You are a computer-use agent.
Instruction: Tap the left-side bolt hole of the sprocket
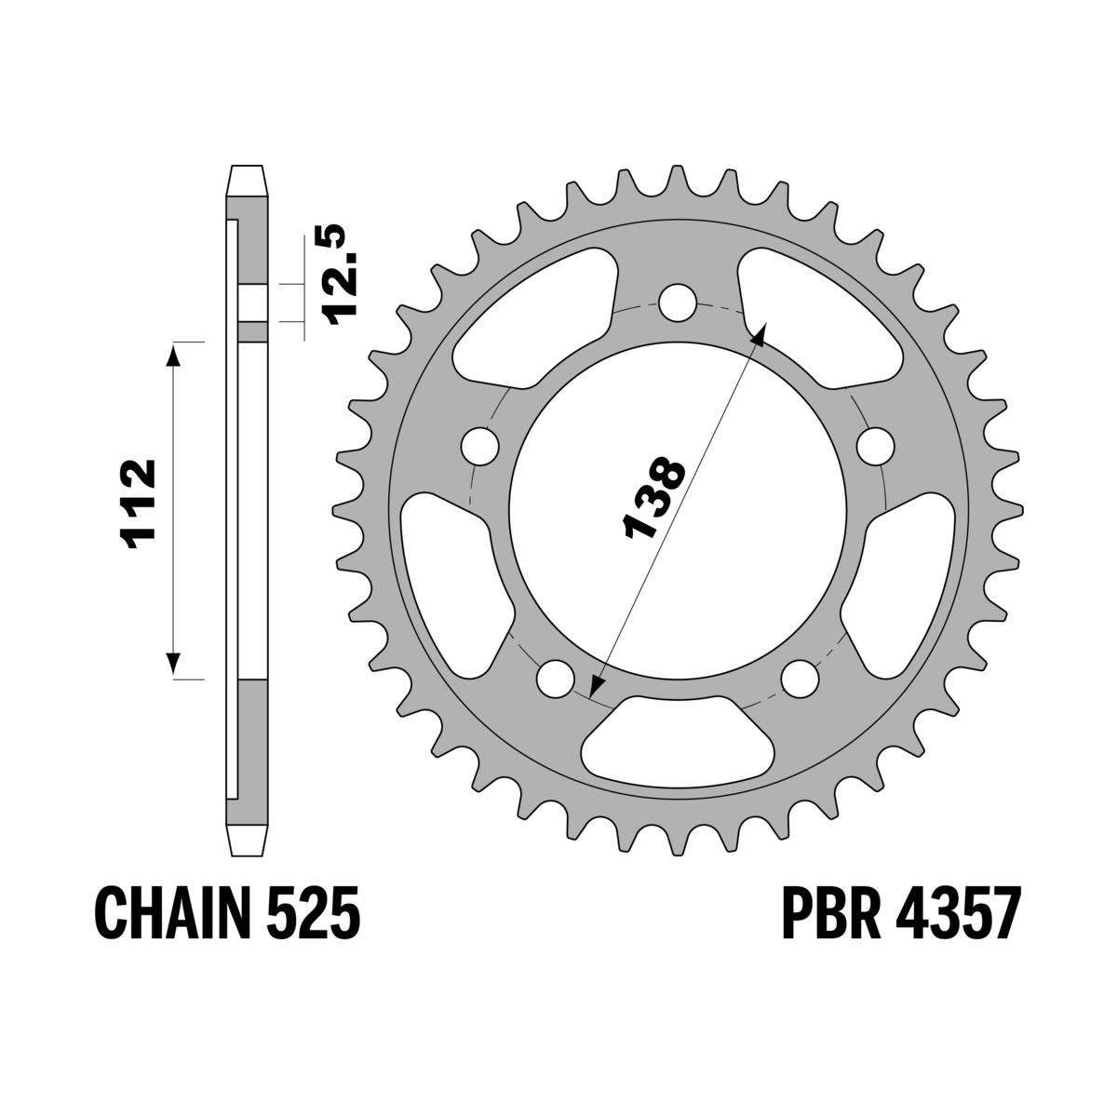(479, 445)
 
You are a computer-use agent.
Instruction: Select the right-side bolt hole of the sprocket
(874, 445)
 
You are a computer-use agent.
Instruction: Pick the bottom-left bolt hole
(556, 677)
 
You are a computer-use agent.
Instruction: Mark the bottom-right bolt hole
(799, 677)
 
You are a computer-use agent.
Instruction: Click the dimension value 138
(655, 499)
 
